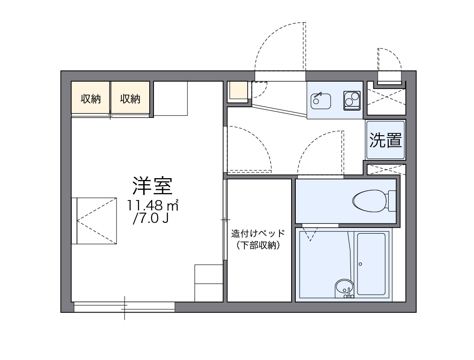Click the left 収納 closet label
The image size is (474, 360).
[x=91, y=98]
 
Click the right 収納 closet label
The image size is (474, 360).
[x=130, y=98]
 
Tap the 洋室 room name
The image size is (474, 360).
[x=152, y=186]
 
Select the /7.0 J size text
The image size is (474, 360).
[x=150, y=219]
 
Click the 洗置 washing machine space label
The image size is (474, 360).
[x=385, y=140]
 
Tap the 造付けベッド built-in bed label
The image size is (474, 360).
[x=258, y=234]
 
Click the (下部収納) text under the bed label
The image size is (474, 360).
[x=258, y=246]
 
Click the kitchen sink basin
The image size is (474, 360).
[x=321, y=100]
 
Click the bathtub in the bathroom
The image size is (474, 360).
[x=371, y=264]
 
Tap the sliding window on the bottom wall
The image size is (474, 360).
[x=125, y=306]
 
